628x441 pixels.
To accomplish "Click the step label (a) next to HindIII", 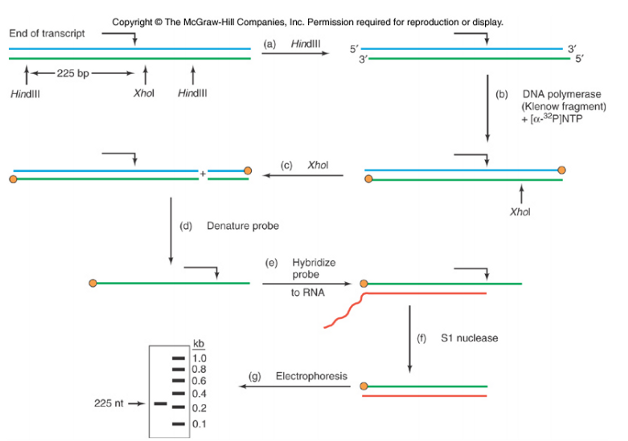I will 269,44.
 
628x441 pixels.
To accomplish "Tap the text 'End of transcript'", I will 47,33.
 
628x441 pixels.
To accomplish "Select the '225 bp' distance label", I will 73,73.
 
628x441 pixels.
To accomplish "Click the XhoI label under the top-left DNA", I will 144,93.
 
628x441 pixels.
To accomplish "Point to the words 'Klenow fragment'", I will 564,106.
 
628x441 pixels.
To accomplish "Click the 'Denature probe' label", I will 243,226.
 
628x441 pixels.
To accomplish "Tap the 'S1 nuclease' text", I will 469,338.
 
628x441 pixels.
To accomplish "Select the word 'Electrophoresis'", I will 311,376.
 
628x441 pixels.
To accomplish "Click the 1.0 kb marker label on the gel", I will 199,358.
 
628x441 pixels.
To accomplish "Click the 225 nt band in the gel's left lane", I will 160,404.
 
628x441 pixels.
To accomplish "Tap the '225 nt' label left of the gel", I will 109,403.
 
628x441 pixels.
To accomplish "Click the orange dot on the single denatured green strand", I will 93,283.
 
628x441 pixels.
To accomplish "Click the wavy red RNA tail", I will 344,315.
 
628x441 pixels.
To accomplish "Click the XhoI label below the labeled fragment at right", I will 520,212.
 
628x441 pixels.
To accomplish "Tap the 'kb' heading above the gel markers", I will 198,343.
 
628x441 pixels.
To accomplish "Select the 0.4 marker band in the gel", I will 178,393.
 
